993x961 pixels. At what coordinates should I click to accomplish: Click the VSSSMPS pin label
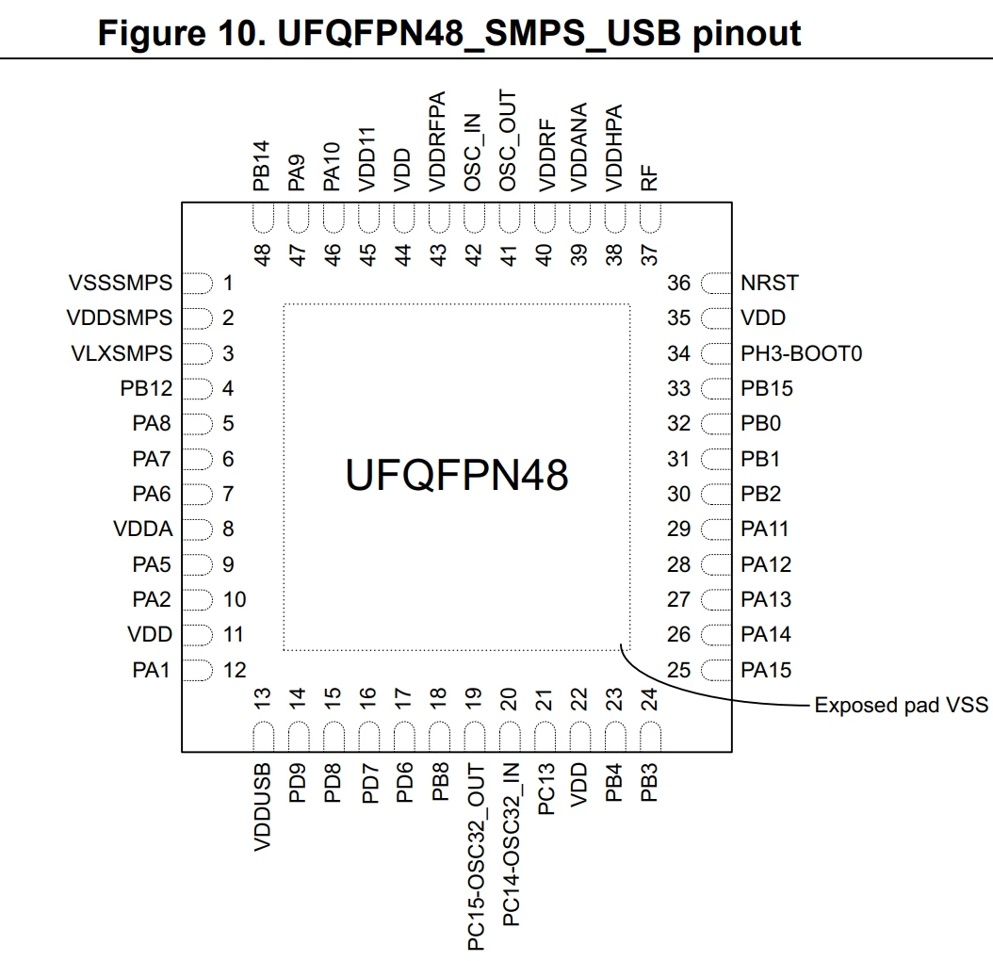(121, 283)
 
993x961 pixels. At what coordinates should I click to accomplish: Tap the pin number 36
(678, 283)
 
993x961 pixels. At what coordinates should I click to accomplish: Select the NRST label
(770, 283)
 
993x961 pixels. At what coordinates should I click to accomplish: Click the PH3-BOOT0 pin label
(801, 353)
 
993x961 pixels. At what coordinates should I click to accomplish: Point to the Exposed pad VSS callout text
(901, 705)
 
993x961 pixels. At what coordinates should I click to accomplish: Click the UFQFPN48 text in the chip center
(457, 475)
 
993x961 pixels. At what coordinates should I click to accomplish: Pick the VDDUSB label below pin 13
(262, 806)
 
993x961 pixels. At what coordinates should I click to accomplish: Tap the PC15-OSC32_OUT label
(476, 856)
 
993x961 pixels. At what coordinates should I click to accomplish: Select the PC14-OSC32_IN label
(511, 844)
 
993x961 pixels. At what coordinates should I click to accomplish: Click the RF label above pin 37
(649, 178)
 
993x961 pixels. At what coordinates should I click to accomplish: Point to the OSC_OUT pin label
(508, 140)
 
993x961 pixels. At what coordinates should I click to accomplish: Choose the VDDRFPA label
(437, 141)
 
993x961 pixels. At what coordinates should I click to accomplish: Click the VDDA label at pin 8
(142, 529)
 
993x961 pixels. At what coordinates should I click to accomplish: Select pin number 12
(235, 670)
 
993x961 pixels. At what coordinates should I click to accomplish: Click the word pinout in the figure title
(747, 33)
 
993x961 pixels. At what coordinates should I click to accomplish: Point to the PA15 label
(766, 670)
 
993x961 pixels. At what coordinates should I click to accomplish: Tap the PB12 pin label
(146, 388)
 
